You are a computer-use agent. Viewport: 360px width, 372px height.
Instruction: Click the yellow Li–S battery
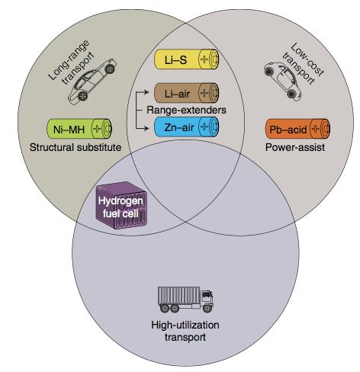187,59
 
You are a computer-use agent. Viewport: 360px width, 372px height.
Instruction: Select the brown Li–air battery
187,93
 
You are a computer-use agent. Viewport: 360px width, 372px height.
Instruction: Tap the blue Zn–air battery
187,127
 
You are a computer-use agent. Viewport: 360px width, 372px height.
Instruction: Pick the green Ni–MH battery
79,129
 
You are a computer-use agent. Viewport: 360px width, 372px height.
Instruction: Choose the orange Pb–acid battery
297,129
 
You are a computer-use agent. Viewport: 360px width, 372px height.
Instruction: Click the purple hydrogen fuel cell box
121,206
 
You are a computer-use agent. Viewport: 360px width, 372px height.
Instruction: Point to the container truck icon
185,300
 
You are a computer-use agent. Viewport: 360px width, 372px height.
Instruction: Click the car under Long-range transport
92,82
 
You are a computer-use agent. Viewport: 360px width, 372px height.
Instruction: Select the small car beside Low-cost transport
282,81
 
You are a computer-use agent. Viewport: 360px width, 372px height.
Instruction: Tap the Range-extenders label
186,110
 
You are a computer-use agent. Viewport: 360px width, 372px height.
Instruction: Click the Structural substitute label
76,147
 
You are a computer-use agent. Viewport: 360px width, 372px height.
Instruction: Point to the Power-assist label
295,147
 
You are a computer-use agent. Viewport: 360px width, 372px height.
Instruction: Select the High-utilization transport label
185,331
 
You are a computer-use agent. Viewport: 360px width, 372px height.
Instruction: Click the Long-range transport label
71,62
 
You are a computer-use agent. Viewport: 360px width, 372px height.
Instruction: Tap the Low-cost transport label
303,63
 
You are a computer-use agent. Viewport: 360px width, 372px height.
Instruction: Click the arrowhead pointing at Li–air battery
146,92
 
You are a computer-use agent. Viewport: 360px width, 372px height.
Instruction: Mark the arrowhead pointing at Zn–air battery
146,128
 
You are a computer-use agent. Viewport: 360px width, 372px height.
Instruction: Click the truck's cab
207,300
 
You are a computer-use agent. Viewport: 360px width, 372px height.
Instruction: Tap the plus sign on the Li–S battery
204,59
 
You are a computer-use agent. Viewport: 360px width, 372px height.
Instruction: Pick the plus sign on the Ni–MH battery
97,129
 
